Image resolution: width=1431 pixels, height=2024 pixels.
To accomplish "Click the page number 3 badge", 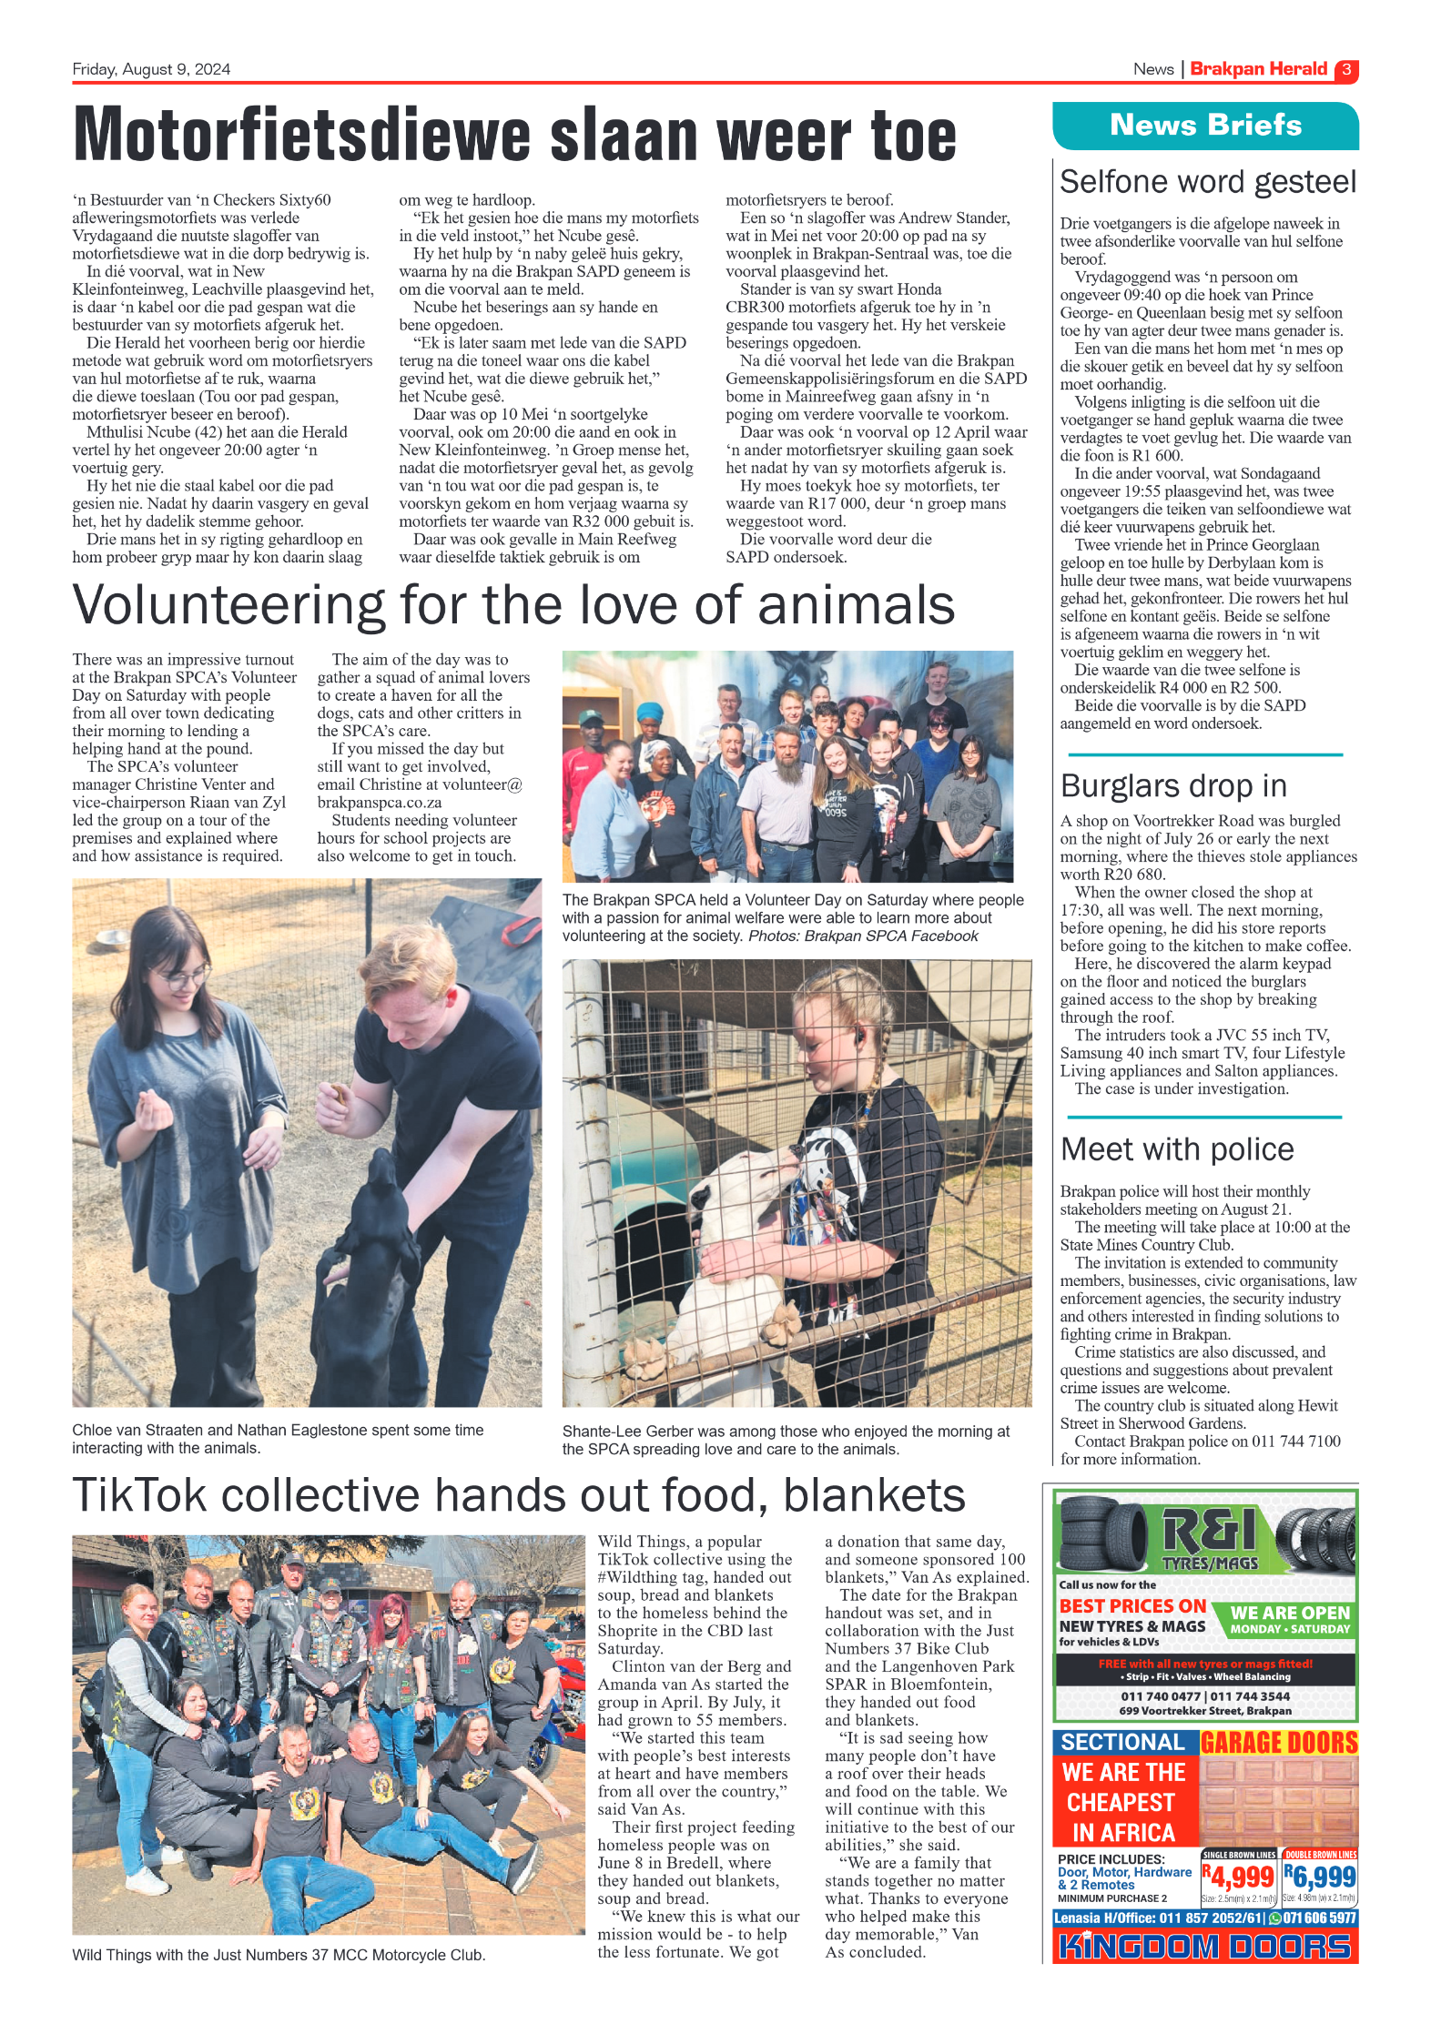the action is coord(1345,70).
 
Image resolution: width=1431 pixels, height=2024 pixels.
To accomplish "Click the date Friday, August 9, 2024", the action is coord(151,69).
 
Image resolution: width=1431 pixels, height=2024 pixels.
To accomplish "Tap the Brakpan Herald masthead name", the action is coord(1258,69).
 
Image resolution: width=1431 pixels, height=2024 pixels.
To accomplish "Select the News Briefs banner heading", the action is coord(1205,126).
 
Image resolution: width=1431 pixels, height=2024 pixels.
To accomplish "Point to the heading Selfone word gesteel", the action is coord(1207,182).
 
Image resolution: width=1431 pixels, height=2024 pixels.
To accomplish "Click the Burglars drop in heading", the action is coord(1173,785).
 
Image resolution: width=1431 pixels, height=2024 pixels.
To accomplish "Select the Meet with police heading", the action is coord(1176,1149).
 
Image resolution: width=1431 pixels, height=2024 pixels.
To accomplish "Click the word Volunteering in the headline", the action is coord(228,606).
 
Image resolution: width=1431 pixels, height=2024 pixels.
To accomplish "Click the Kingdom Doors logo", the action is coord(1204,1947).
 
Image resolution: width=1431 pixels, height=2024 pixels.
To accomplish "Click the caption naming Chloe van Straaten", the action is coord(278,1439).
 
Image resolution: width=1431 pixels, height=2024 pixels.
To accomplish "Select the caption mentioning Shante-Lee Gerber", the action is coord(786,1440).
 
